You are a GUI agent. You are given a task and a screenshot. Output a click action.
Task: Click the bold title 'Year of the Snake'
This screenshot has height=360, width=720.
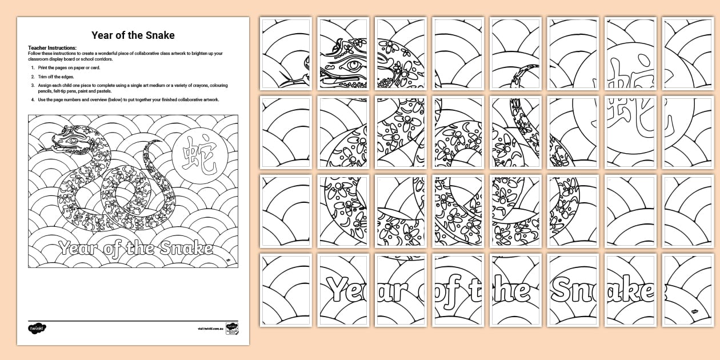133,35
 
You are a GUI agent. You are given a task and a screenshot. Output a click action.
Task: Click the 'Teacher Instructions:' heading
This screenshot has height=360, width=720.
52,47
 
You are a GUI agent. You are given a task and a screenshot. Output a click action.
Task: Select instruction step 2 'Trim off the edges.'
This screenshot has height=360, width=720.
57,76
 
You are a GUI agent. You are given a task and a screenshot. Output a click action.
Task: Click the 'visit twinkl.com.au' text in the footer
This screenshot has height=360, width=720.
209,329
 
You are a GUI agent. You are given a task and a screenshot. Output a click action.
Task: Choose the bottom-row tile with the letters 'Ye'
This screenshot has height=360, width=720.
343,290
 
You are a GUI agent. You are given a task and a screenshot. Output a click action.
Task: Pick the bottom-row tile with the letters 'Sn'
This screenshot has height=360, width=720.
573,290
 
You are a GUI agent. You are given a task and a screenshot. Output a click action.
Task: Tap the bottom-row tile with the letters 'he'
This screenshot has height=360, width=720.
515,290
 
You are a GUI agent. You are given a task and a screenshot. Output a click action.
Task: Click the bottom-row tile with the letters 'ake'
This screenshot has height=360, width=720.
630,290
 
